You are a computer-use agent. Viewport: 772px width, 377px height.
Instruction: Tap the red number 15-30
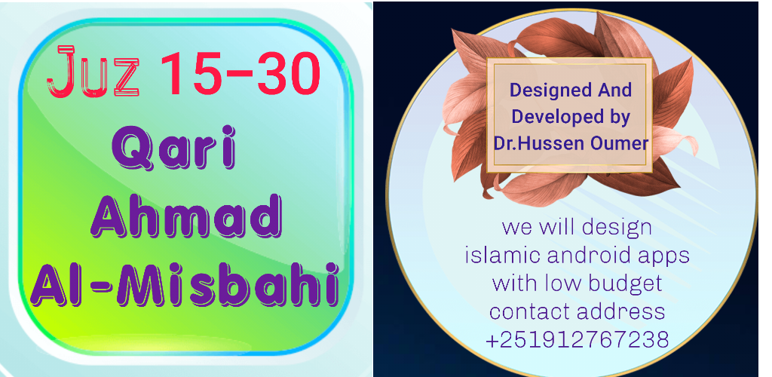coord(240,73)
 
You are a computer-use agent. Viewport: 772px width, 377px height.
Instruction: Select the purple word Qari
coord(174,149)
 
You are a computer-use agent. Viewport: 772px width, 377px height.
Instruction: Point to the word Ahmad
coord(185,216)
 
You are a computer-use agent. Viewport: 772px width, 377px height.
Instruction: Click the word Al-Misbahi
coord(185,284)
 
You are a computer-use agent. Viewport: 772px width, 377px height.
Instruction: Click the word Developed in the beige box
coord(552,117)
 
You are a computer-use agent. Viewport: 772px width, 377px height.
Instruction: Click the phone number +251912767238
coord(577,340)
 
